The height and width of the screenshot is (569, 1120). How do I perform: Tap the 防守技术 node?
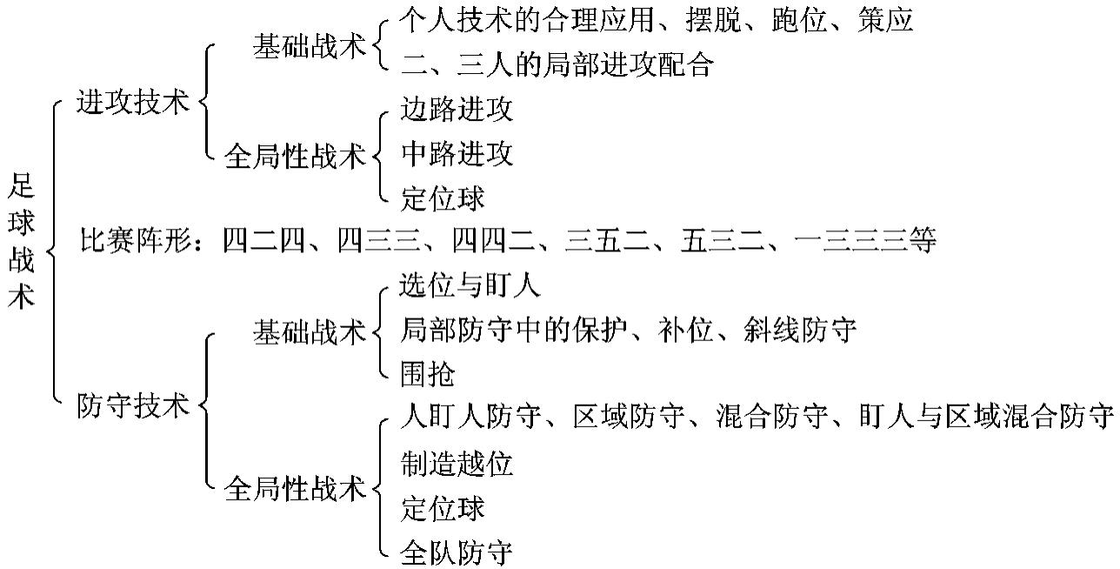point(132,405)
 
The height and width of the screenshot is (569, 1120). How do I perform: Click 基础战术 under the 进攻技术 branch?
point(310,47)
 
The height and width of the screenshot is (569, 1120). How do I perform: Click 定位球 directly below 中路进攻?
point(443,198)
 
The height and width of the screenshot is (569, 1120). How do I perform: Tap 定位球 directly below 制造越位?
point(443,508)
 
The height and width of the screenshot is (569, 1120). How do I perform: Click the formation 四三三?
point(379,240)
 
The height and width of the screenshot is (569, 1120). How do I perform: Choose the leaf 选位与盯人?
point(470,284)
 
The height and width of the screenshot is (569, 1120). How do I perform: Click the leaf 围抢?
point(428,374)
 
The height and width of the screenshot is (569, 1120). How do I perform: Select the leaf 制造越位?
point(457,464)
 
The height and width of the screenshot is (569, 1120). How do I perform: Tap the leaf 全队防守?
point(457,552)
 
